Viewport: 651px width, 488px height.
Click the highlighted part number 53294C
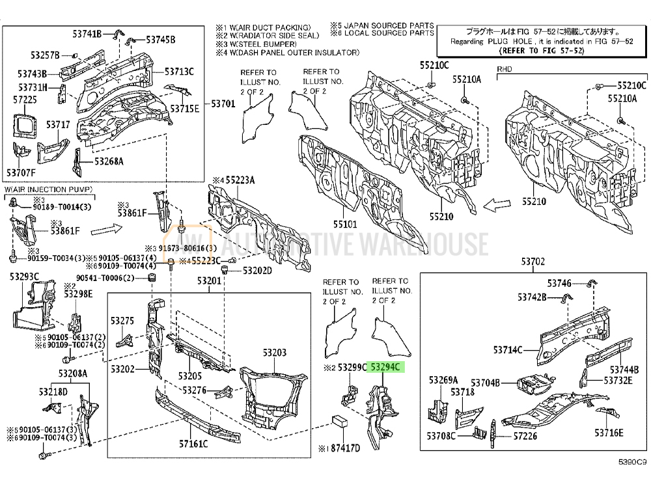(385, 368)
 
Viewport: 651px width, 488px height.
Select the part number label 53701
(223, 103)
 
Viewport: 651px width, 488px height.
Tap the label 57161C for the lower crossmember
(193, 444)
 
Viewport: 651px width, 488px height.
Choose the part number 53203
(274, 352)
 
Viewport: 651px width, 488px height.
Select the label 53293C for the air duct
(24, 278)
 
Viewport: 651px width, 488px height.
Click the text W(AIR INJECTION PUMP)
(49, 189)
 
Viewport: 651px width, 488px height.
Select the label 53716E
(609, 433)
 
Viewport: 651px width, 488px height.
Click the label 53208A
(72, 373)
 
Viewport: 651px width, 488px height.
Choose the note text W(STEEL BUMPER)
(259, 44)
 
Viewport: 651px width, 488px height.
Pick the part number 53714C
(507, 350)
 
